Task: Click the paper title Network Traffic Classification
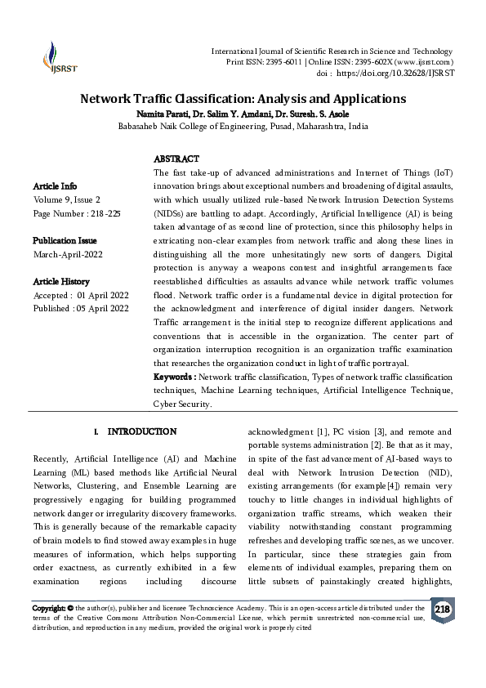click(243, 99)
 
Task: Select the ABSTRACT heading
click(176, 159)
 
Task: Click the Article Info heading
click(56, 185)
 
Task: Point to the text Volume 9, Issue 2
click(67, 199)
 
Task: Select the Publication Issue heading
click(65, 240)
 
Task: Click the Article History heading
click(61, 281)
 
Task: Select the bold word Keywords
click(174, 377)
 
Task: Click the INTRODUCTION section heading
click(141, 431)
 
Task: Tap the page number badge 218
click(442, 610)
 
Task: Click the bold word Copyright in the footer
click(52, 608)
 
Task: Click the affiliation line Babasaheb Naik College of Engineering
click(243, 127)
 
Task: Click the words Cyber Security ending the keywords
click(182, 404)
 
